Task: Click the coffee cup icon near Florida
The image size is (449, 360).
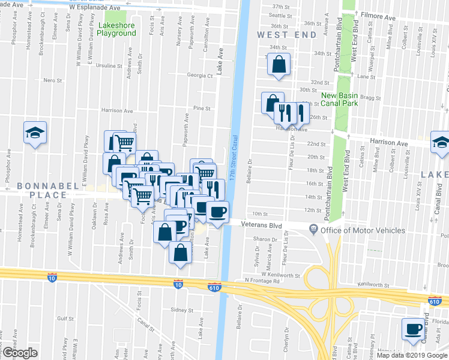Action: pos(414,329)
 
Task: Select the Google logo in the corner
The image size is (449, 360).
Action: pos(20,353)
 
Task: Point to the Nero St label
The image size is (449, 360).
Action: pos(53,80)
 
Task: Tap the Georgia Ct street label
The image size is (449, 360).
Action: pos(200,76)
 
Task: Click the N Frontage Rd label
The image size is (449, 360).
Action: pos(262,281)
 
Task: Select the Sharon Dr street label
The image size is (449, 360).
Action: pos(264,239)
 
